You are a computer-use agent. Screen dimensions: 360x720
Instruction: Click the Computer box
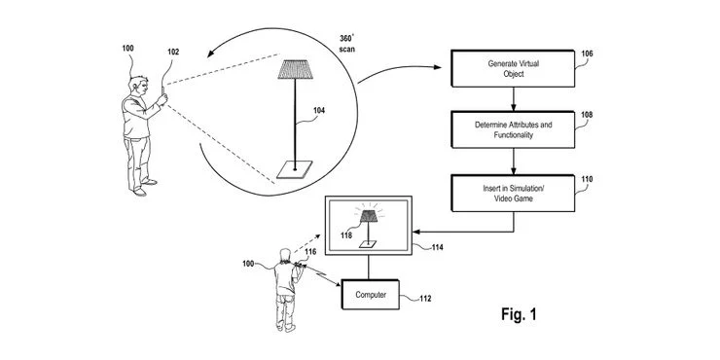point(371,294)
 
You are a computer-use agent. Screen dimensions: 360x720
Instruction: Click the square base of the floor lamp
point(288,169)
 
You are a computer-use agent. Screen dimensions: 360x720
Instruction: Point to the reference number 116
point(310,252)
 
